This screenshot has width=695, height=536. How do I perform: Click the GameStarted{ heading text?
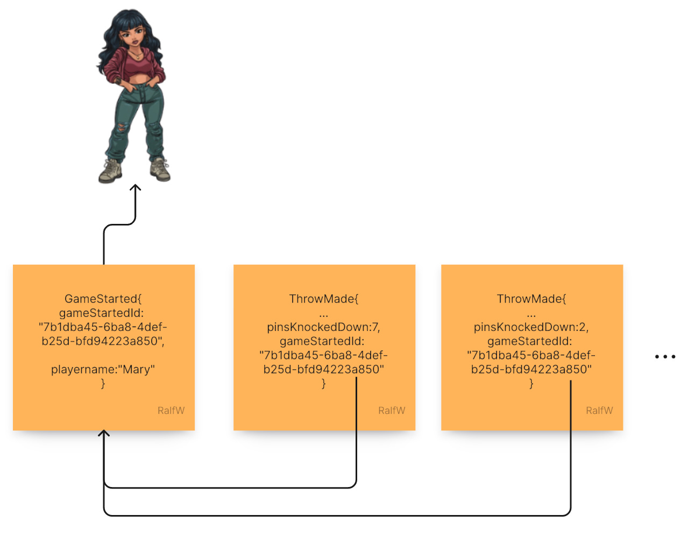103,299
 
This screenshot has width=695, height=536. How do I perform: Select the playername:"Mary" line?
103,369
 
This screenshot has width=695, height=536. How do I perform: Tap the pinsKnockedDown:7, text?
323,327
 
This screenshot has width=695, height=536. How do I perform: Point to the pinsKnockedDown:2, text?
531,327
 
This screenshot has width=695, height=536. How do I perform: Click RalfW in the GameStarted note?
171,411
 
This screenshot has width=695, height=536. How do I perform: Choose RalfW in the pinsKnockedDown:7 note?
392,411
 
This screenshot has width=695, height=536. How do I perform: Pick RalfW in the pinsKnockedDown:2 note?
599,411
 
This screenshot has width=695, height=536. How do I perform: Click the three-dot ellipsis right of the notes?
665,356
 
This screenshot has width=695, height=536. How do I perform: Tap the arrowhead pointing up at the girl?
136,188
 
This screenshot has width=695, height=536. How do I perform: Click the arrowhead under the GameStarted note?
104,434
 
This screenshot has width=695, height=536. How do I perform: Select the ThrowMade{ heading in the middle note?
323,299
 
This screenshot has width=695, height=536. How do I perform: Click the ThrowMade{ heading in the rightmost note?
531,299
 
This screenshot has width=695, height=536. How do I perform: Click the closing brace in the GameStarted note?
103,383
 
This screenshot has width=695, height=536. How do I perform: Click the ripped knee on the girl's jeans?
123,128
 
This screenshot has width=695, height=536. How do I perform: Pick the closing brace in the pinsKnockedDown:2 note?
531,383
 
